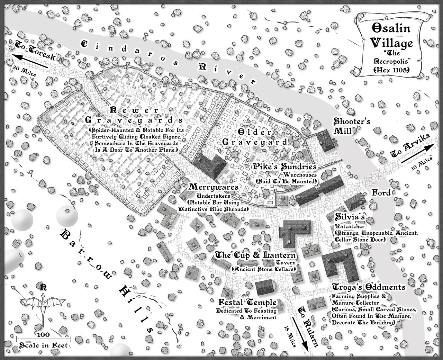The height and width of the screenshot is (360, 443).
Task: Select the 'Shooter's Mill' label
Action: coord(347,126)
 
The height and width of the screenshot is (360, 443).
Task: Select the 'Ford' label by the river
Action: coord(381,192)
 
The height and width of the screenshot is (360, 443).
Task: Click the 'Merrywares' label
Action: coord(214,187)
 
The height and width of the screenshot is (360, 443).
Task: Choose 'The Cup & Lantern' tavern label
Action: coord(256,255)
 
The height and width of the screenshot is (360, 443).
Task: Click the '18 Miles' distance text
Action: coord(290,336)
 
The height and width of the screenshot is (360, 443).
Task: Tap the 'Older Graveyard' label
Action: coord(255,137)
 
